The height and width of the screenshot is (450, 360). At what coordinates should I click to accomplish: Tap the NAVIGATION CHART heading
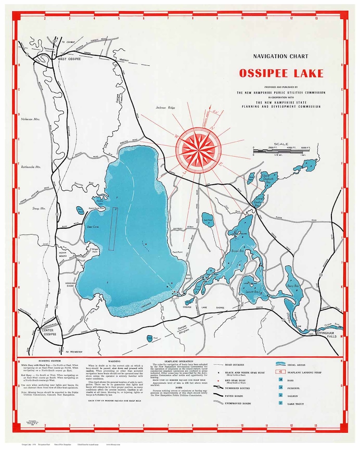(281, 56)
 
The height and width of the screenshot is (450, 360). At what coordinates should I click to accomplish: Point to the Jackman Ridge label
(165, 108)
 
